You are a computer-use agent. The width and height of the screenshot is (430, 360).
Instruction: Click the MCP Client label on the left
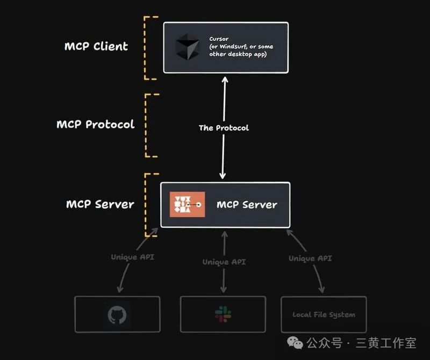[96, 46]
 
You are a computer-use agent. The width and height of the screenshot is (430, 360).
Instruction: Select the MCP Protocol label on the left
[95, 124]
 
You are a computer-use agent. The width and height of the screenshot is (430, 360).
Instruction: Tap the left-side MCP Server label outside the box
[100, 204]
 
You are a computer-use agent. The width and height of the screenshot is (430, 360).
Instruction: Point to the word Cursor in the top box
[219, 39]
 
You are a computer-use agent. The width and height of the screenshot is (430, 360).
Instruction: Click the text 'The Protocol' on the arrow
[224, 128]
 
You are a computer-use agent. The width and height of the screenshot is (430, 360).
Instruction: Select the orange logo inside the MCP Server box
[187, 205]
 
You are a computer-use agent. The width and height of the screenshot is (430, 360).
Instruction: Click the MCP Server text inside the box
[247, 205]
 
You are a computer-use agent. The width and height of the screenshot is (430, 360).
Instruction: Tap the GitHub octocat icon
[117, 315]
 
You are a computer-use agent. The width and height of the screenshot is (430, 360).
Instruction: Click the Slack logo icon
[223, 314]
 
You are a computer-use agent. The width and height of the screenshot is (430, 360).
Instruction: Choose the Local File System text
[324, 315]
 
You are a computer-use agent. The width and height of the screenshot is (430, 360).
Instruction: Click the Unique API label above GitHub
[132, 257]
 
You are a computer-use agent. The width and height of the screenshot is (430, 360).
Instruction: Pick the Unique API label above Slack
[224, 262]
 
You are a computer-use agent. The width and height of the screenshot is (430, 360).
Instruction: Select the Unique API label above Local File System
[310, 258]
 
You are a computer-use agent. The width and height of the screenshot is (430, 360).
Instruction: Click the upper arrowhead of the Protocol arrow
[224, 80]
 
